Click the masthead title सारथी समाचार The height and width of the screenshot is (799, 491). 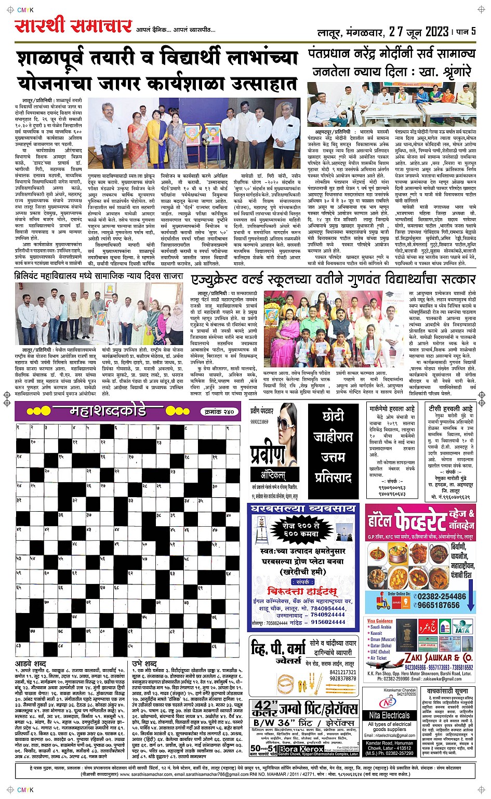click(x=73, y=26)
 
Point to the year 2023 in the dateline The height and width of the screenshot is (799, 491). click(x=436, y=32)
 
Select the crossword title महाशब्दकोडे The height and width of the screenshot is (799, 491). click(x=108, y=411)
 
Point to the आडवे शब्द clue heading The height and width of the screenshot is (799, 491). click(x=31, y=663)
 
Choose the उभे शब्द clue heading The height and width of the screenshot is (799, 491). click(x=144, y=663)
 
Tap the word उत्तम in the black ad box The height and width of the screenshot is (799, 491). click(x=333, y=457)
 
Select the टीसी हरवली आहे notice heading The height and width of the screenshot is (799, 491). click(x=450, y=409)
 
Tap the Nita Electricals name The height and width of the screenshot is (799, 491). click(x=390, y=715)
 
